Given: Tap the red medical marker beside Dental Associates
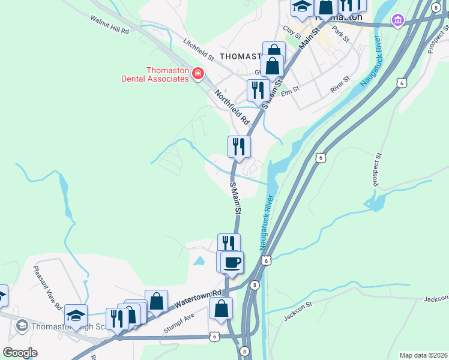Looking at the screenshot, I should [197, 74].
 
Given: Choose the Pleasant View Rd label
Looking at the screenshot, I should [47, 287].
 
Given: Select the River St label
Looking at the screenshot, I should [340, 85].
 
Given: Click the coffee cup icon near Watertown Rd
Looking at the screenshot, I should [232, 262].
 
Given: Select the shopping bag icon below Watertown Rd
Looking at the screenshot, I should [221, 309].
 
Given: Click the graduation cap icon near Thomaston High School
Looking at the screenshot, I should [76, 315].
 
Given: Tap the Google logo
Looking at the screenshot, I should [20, 353].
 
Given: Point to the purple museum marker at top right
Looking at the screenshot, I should [397, 21].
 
